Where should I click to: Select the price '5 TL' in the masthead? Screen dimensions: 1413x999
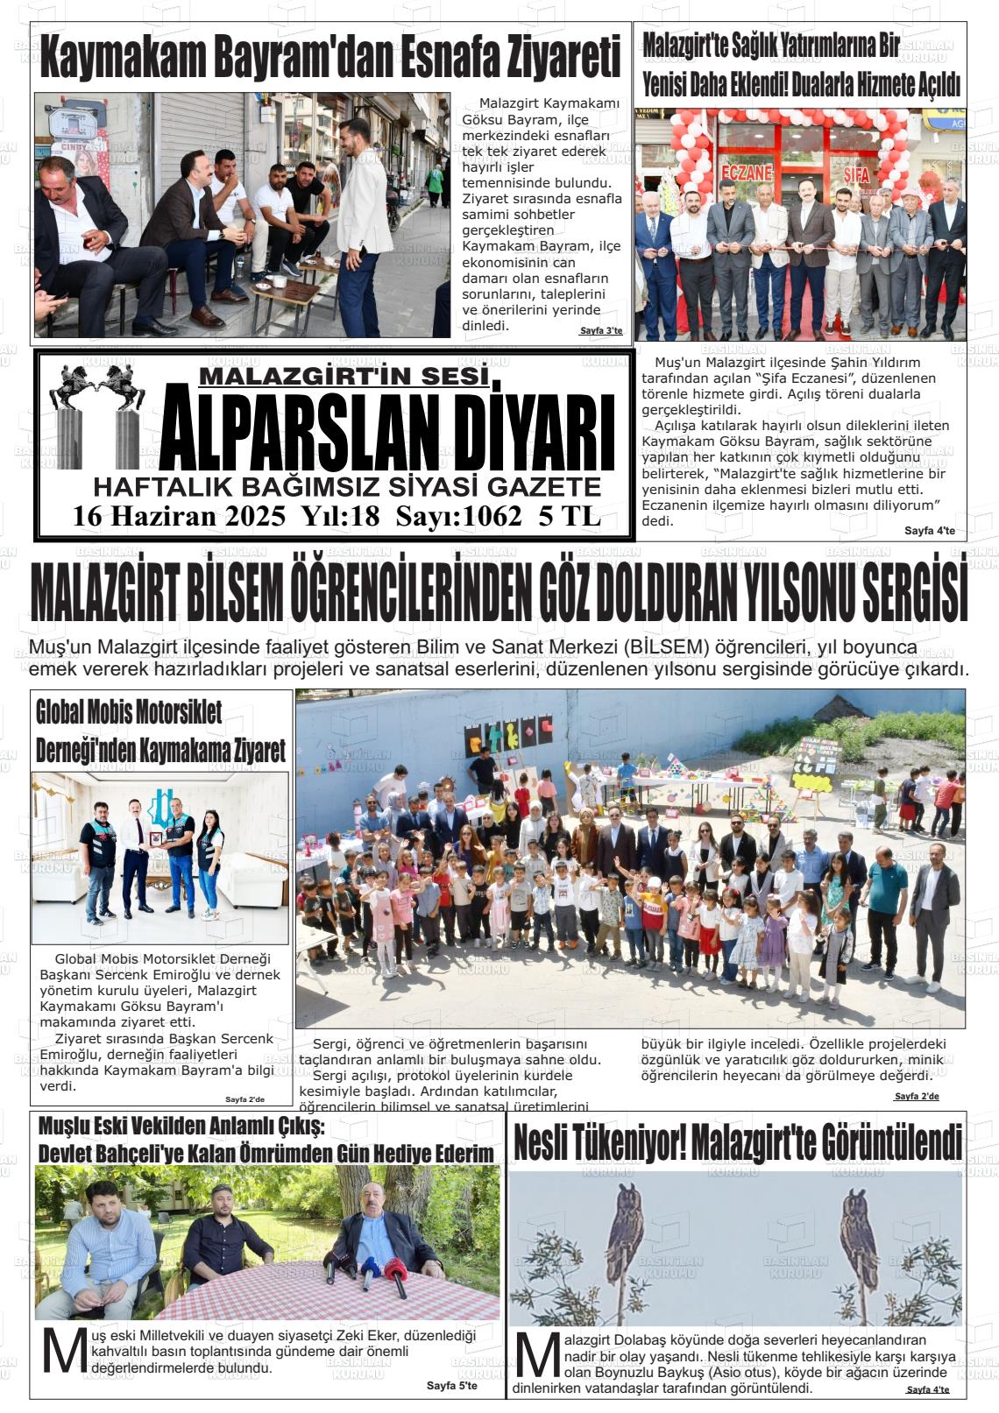pyautogui.click(x=570, y=517)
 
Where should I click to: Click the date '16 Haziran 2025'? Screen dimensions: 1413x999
pyautogui.click(x=180, y=517)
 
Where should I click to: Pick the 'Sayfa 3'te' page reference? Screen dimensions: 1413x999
pyautogui.click(x=600, y=331)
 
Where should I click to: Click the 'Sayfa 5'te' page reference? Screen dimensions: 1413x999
pyautogui.click(x=451, y=1386)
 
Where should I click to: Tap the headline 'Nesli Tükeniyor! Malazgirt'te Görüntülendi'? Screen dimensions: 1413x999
pyautogui.click(x=737, y=1142)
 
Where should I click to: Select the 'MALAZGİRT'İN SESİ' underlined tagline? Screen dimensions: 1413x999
pyautogui.click(x=343, y=377)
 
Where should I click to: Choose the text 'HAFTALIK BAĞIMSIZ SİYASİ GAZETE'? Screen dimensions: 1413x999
pyautogui.click(x=347, y=487)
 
